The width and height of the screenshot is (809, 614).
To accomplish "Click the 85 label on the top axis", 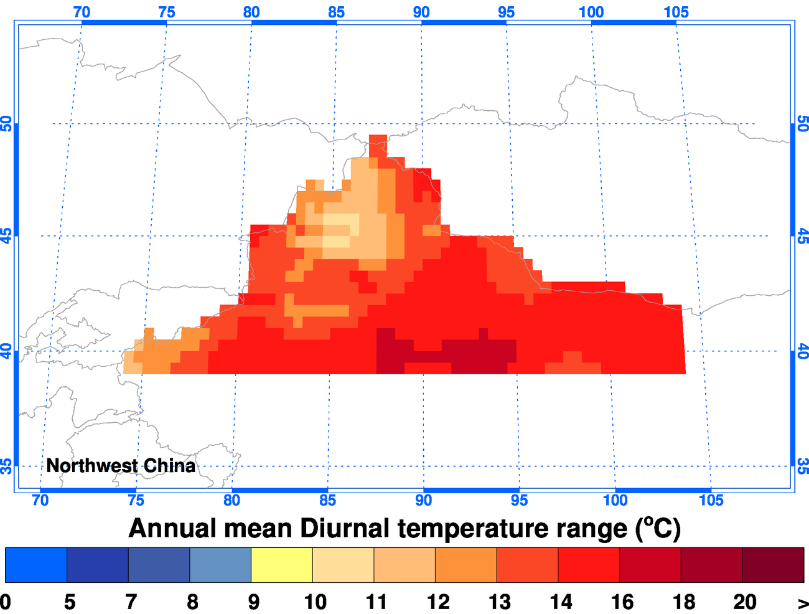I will [336, 12].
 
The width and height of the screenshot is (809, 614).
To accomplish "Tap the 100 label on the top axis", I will [591, 12].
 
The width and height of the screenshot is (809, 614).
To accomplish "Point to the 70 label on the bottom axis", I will [40, 500].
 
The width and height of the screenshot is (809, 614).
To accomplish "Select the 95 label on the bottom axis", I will [519, 500].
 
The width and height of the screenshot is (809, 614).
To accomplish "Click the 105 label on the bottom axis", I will [711, 500].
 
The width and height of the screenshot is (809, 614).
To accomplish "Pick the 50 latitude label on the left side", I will [7, 123].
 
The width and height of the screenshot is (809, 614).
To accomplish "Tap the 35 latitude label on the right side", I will [802, 466].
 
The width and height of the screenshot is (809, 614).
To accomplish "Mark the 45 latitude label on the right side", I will [802, 236].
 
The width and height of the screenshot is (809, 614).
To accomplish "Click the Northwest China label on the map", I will [121, 466].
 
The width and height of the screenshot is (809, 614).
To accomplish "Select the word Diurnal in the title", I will [345, 529].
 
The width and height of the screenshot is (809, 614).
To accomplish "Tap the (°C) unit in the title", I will [658, 529].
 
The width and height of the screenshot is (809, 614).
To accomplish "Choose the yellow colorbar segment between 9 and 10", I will [281, 565].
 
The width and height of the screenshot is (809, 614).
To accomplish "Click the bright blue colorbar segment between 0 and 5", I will [35, 565].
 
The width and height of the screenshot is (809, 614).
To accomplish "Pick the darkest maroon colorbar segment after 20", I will [773, 565].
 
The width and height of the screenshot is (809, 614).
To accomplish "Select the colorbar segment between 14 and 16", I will [589, 565].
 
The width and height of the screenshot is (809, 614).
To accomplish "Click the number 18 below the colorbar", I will [683, 602].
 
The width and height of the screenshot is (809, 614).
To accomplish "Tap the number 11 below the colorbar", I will [376, 602].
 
